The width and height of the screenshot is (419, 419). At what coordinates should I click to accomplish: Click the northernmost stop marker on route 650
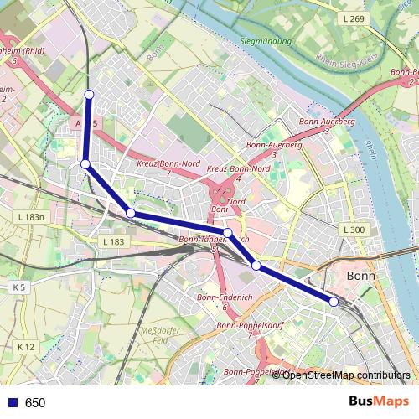coord(89,93)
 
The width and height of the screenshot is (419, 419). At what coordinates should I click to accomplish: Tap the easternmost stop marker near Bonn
coord(334,301)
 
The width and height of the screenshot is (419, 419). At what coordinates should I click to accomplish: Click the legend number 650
coord(35,403)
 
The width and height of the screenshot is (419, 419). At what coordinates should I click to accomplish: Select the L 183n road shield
coord(30,216)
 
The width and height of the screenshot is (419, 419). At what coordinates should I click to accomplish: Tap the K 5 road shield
coord(18,287)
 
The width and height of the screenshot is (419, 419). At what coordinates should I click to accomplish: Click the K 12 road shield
coord(26,346)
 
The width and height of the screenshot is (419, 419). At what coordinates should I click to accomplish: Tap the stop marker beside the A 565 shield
coord(85,163)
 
